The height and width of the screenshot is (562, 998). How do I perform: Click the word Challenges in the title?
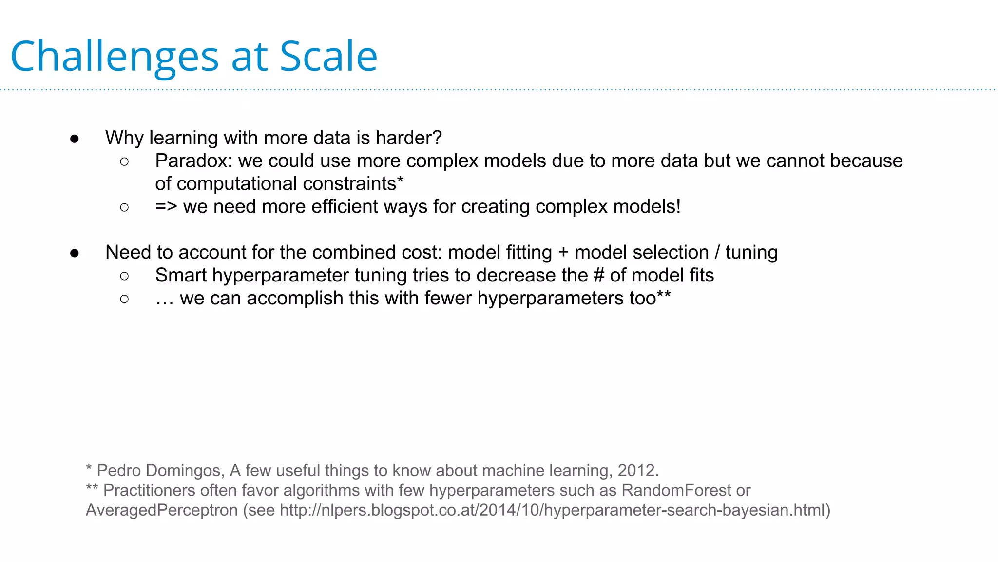pos(115,57)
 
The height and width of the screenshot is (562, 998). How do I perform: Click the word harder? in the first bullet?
pos(409,138)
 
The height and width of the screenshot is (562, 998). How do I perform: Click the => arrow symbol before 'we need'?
pos(166,207)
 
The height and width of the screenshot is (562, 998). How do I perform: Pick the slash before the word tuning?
pos(717,253)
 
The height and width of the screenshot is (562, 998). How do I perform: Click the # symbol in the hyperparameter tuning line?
pos(599,276)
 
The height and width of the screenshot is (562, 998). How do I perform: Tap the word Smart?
pos(181,276)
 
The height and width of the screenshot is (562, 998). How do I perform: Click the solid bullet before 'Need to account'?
pos(75,253)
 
